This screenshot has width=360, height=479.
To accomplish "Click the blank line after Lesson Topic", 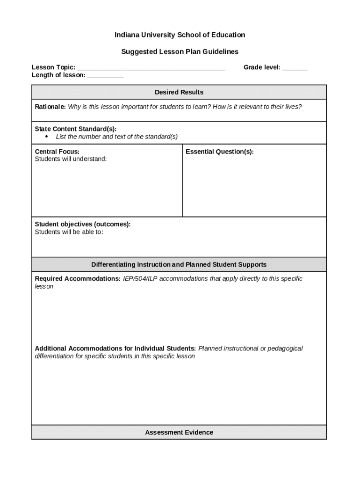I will point(151,68).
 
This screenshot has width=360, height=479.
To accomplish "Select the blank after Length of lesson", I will point(105,75).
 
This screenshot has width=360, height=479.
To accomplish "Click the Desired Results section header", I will point(179,92).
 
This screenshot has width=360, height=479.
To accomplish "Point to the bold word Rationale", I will point(50,107).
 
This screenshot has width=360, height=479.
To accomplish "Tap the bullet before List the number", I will point(47,137).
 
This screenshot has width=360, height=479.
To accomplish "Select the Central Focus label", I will point(57,152).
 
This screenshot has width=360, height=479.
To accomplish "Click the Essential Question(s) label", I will point(220,152).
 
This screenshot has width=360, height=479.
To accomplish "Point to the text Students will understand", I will point(71,159).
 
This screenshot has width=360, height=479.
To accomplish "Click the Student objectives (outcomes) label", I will point(83,224).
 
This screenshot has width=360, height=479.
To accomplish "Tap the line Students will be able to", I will point(69,232).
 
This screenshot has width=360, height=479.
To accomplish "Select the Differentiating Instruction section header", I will point(179,265).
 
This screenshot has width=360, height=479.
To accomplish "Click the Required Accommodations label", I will point(78,279).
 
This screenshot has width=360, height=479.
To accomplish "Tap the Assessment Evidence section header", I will point(179,433).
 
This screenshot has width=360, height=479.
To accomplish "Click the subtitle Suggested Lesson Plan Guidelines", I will point(180,51).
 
